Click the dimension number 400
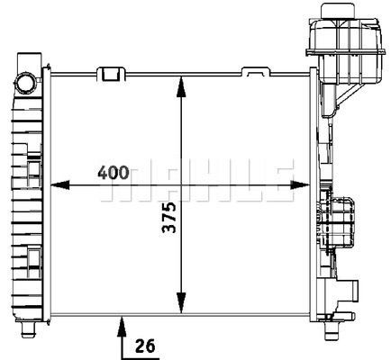click(114, 172)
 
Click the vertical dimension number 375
click(168, 218)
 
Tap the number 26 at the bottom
click(145, 346)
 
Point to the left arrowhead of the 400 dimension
click(60, 185)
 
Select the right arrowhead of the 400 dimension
click(300, 185)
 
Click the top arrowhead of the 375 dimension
click(181, 87)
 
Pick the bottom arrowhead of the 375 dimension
click(181, 303)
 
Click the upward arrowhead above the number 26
click(122, 326)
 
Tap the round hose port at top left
click(25, 82)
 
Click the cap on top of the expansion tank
click(336, 11)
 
